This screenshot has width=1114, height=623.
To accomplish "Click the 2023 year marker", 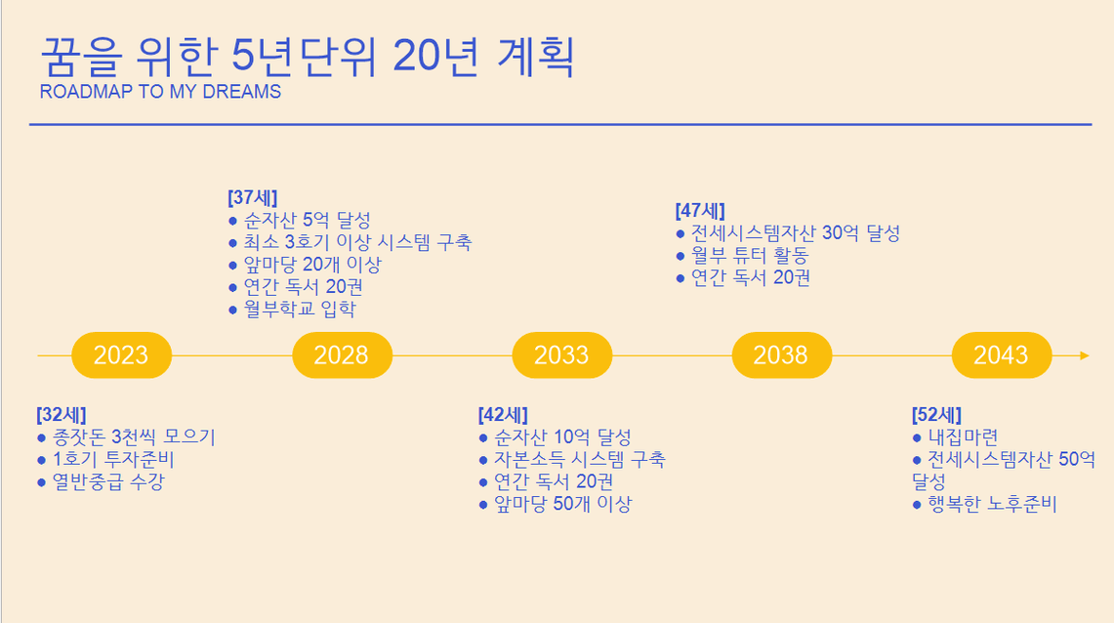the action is tap(121, 355).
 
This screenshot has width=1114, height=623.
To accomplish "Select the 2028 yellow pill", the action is tap(342, 355).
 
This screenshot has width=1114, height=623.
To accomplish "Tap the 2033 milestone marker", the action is tap(562, 355).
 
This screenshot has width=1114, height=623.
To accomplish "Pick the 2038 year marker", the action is tap(781, 355).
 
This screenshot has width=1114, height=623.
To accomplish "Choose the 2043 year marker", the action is tap(1002, 355).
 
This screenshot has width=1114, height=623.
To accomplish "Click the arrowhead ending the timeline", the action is tap(1084, 355).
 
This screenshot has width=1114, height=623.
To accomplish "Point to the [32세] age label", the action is tap(62, 415).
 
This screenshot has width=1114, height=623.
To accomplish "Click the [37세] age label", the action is tap(253, 197).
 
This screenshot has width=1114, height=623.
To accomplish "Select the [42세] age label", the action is tap(503, 415).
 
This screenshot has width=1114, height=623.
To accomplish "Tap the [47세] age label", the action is tap(700, 211).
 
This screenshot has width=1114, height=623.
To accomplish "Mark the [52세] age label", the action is tap(937, 415).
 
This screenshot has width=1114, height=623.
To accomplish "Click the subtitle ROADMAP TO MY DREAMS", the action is tap(160, 92).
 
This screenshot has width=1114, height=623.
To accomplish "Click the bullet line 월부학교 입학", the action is tap(293, 309).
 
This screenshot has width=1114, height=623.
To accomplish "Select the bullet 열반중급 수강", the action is tap(101, 481).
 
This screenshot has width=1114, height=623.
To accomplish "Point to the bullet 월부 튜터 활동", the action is tap(742, 255).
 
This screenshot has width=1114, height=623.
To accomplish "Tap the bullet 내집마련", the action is tap(956, 436).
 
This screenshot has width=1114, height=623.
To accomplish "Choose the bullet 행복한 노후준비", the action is tap(985, 504).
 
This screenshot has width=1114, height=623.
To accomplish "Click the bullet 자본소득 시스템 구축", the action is tap(573, 460).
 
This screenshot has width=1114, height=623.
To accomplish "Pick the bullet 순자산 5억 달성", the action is tap(300, 221).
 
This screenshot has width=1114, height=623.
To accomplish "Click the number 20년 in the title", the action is tap(436, 56).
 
